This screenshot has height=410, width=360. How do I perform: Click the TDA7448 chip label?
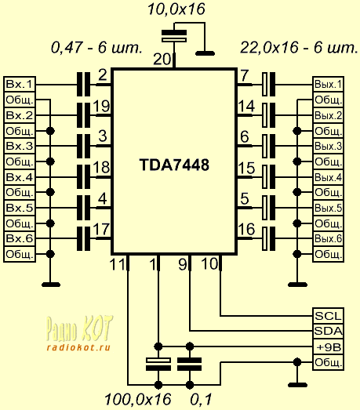tap(174, 165)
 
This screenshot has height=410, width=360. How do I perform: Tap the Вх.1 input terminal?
tap(20, 84)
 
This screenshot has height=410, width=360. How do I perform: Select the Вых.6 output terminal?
tap(329, 238)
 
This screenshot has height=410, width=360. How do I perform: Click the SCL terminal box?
tap(329, 316)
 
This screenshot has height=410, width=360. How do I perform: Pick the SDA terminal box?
tap(329, 332)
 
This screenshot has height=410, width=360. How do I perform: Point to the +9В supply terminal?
tap(329, 347)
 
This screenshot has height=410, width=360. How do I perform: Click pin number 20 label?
tap(162, 60)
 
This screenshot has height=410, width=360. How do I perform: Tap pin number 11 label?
tap(118, 264)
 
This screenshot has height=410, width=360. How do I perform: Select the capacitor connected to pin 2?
tap(83, 85)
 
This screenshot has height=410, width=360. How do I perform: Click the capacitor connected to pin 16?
tap(269, 239)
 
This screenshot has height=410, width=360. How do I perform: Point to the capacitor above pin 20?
tap(174, 36)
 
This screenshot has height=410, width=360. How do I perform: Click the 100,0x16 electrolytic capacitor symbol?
tap(158, 365)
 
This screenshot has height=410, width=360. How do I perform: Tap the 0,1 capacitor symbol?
tap(190, 365)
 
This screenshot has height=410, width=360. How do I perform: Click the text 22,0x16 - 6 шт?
tap(299, 48)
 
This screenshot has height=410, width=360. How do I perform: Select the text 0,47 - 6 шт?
tap(96, 48)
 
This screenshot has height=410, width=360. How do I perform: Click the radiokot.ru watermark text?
tap(78, 347)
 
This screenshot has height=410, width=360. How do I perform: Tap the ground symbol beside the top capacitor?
tap(205, 53)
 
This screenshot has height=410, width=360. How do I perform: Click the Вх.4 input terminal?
tap(20, 177)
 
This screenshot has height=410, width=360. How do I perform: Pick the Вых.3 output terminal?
tap(329, 146)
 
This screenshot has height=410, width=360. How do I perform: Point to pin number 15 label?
tap(246, 168)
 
